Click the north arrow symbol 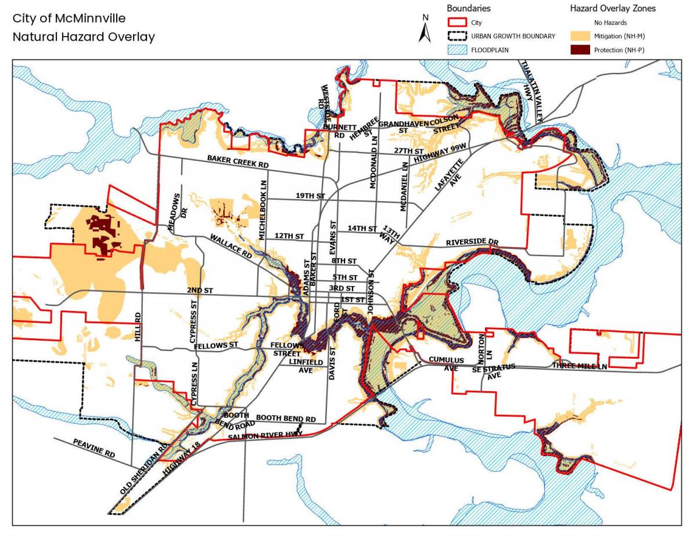click(x=425, y=29)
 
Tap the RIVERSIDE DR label click(x=472, y=242)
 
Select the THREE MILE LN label click(x=579, y=366)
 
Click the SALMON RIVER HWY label click(x=265, y=435)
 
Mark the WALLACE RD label click(x=231, y=247)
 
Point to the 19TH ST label click(x=310, y=196)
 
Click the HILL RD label click(x=138, y=326)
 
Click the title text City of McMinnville click(x=69, y=19)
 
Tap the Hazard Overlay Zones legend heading click(x=613, y=8)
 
